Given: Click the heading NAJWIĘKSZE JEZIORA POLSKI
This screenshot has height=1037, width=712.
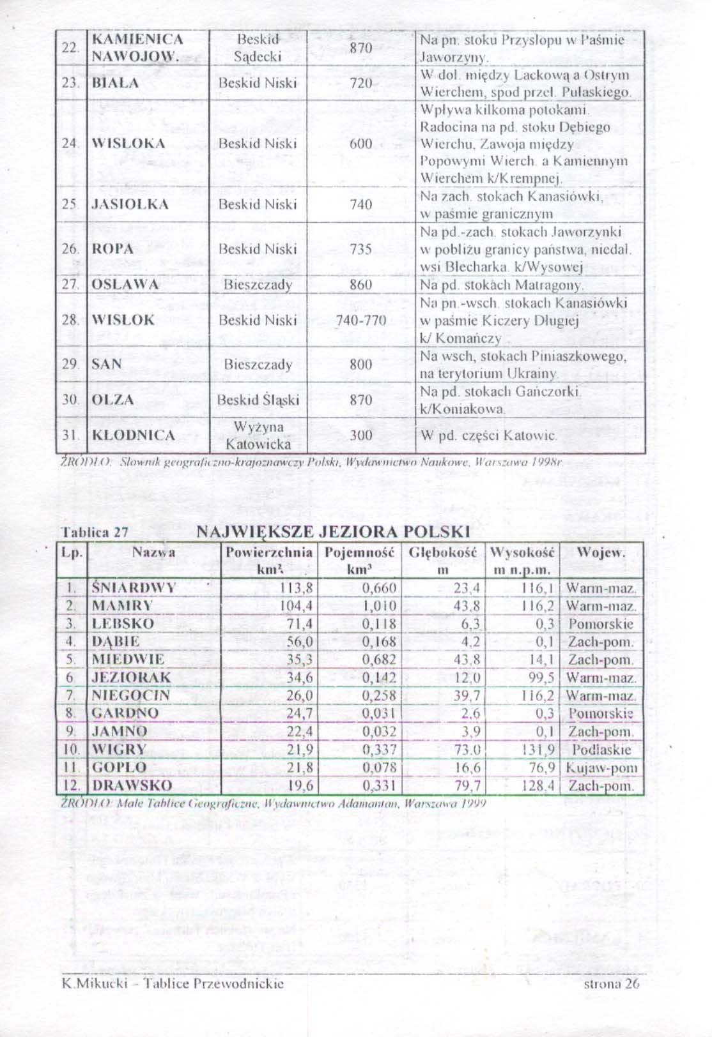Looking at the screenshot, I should click(333, 532).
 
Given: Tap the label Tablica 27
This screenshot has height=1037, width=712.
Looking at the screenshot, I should click(95, 533).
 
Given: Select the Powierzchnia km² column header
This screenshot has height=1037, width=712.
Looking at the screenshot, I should click(270, 561).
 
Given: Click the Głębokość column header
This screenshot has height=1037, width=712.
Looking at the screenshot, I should click(442, 561).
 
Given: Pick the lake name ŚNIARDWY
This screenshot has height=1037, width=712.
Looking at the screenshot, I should click(134, 588).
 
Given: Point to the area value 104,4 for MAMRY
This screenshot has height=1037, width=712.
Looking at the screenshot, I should click(296, 606).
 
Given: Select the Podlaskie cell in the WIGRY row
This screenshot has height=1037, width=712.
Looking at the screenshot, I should click(601, 750).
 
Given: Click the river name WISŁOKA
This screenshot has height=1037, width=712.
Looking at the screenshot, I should click(128, 144).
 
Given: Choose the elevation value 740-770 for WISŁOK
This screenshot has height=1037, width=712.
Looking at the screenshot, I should click(361, 321).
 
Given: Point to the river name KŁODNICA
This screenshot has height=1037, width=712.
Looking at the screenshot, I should click(133, 435).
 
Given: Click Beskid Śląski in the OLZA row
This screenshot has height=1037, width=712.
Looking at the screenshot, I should click(258, 400).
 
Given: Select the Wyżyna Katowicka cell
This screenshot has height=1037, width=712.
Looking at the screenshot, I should click(258, 435).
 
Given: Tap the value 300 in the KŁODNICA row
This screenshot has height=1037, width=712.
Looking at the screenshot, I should click(361, 435).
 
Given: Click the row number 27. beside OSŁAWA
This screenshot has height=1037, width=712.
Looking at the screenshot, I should click(70, 285).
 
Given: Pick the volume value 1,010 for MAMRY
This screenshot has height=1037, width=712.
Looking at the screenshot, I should click(379, 606).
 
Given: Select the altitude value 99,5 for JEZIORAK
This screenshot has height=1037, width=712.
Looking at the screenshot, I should click(541, 677).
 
